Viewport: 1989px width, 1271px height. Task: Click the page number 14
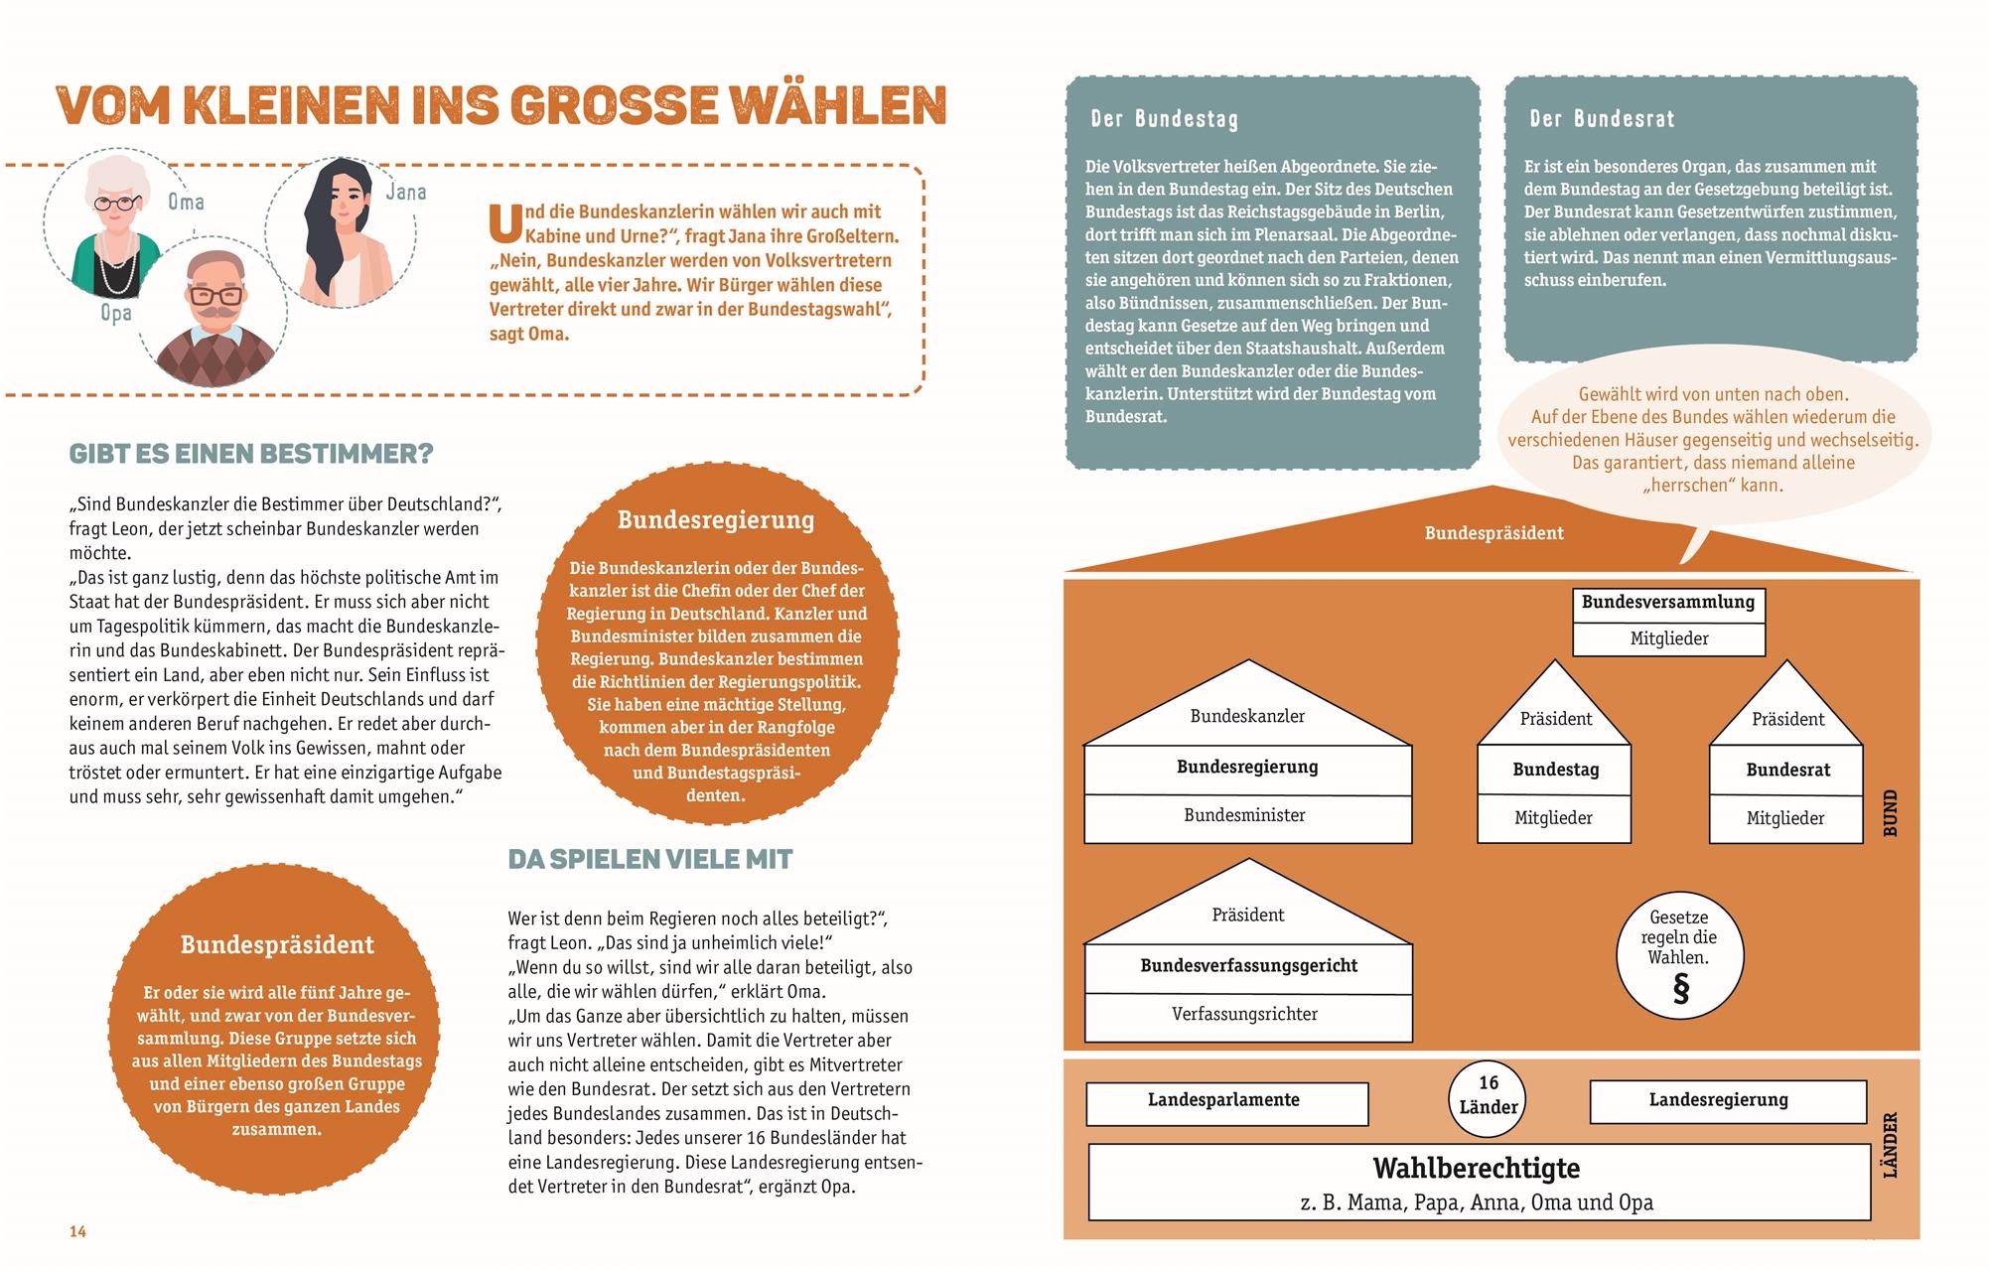coord(77,1231)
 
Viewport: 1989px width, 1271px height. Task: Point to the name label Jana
coord(405,192)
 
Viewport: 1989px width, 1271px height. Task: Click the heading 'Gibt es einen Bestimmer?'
coord(251,454)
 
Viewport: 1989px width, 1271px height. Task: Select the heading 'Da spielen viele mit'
coord(649,859)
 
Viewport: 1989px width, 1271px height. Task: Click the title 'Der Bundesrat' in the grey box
coord(1602,119)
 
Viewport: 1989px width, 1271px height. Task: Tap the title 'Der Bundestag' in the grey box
coord(1164,119)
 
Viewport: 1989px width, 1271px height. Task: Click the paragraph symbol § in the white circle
coord(1680,989)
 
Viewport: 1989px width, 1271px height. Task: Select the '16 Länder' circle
coord(1488,1094)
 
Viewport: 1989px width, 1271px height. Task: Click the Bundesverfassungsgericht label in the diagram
coord(1247,965)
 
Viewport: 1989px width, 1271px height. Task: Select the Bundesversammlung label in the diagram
coord(1667,602)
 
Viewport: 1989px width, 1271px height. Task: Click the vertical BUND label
coord(1890,812)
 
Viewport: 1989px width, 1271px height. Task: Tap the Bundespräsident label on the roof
coord(1493,533)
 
